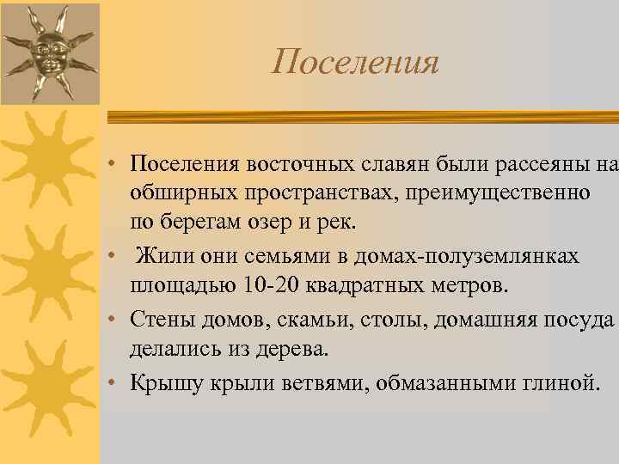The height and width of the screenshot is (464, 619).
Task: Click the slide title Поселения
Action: pyautogui.click(x=356, y=62)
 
